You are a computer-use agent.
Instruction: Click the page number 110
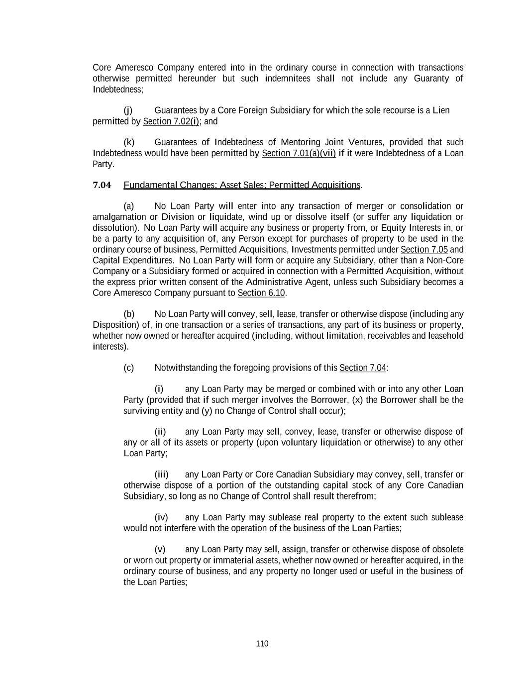coord(262,644)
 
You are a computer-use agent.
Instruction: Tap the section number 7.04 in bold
coord(102,186)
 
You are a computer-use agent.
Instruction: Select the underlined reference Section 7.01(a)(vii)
coord(299,153)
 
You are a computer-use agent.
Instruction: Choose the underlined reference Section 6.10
coord(261,293)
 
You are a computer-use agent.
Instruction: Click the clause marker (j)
coord(128,110)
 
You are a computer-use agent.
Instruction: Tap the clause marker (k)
coord(128,142)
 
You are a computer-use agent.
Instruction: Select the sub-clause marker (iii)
coord(161,475)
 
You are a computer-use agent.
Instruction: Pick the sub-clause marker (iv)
coord(161,517)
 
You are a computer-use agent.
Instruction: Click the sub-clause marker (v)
coord(160,549)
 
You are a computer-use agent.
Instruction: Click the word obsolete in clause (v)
coord(447,549)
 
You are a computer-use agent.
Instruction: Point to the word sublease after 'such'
coord(446,517)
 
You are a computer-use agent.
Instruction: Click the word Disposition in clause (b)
coord(116,325)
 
